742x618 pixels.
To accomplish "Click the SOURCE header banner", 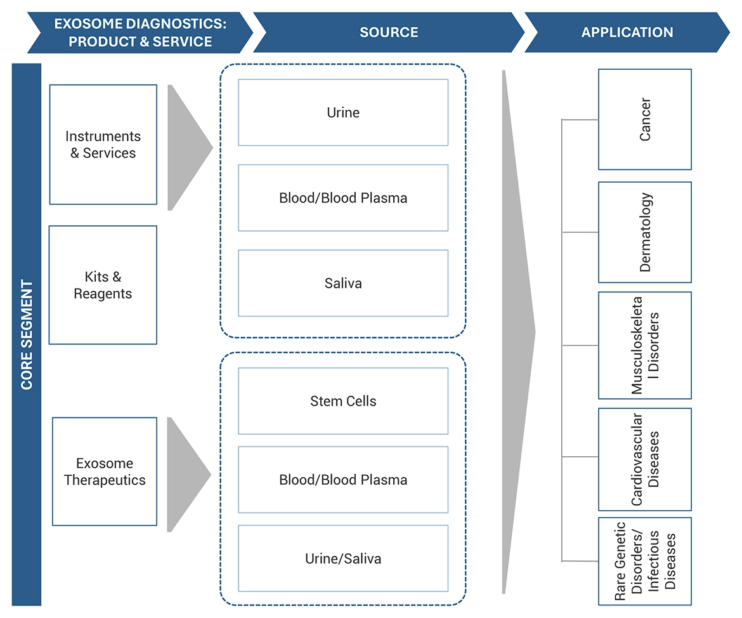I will pos(388,32).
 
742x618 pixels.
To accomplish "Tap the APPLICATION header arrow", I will pos(627,32).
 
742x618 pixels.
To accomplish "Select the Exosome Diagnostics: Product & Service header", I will pos(140,32).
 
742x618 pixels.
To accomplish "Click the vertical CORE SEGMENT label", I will pos(27,334).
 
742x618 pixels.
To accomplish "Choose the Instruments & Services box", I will pos(103,145).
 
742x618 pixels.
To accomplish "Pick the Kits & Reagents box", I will pos(103,286).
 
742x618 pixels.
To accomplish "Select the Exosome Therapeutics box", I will pos(105,471).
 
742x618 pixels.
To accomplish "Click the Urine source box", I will pos(343,113).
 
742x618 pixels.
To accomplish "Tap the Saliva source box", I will pos(343,283).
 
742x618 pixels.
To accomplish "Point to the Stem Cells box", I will pos(343,401).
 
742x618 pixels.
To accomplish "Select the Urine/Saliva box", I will pos(343,558).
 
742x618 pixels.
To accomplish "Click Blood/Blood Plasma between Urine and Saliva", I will pos(343,198).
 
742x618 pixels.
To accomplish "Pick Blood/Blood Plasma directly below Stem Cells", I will pos(343,480).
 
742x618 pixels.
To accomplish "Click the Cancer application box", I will pos(644,119).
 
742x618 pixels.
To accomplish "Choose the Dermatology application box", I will pos(644,232).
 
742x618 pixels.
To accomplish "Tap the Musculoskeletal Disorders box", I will pos(644,345).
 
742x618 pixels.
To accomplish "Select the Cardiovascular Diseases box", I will pos(644,459).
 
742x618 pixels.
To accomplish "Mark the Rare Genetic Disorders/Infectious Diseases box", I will pos(644,562).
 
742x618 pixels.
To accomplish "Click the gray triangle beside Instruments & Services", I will pos(185,148).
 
